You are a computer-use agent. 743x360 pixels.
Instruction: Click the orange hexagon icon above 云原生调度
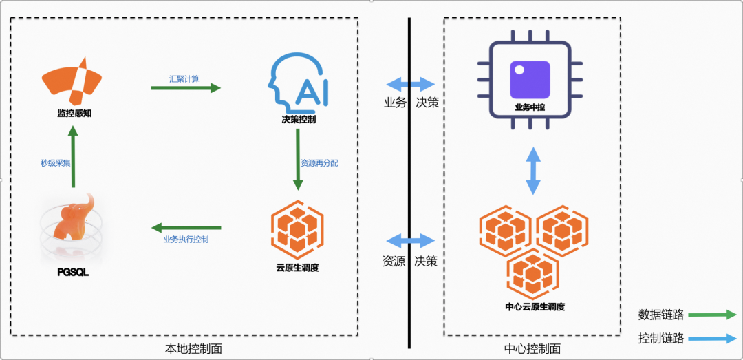[297, 229]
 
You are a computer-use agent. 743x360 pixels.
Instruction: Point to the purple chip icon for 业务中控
[530, 79]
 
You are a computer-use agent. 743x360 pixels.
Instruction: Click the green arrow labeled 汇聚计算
[186, 87]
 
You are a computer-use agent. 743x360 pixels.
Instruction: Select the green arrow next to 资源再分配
[298, 159]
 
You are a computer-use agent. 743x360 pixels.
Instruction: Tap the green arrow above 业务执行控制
[186, 228]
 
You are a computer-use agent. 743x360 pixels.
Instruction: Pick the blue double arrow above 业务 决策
[410, 85]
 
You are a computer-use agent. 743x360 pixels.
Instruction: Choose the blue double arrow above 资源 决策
[410, 241]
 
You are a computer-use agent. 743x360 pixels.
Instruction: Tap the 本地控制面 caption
[194, 349]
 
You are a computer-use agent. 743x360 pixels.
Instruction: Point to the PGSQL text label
[74, 273]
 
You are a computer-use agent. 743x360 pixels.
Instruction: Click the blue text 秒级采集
[56, 163]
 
